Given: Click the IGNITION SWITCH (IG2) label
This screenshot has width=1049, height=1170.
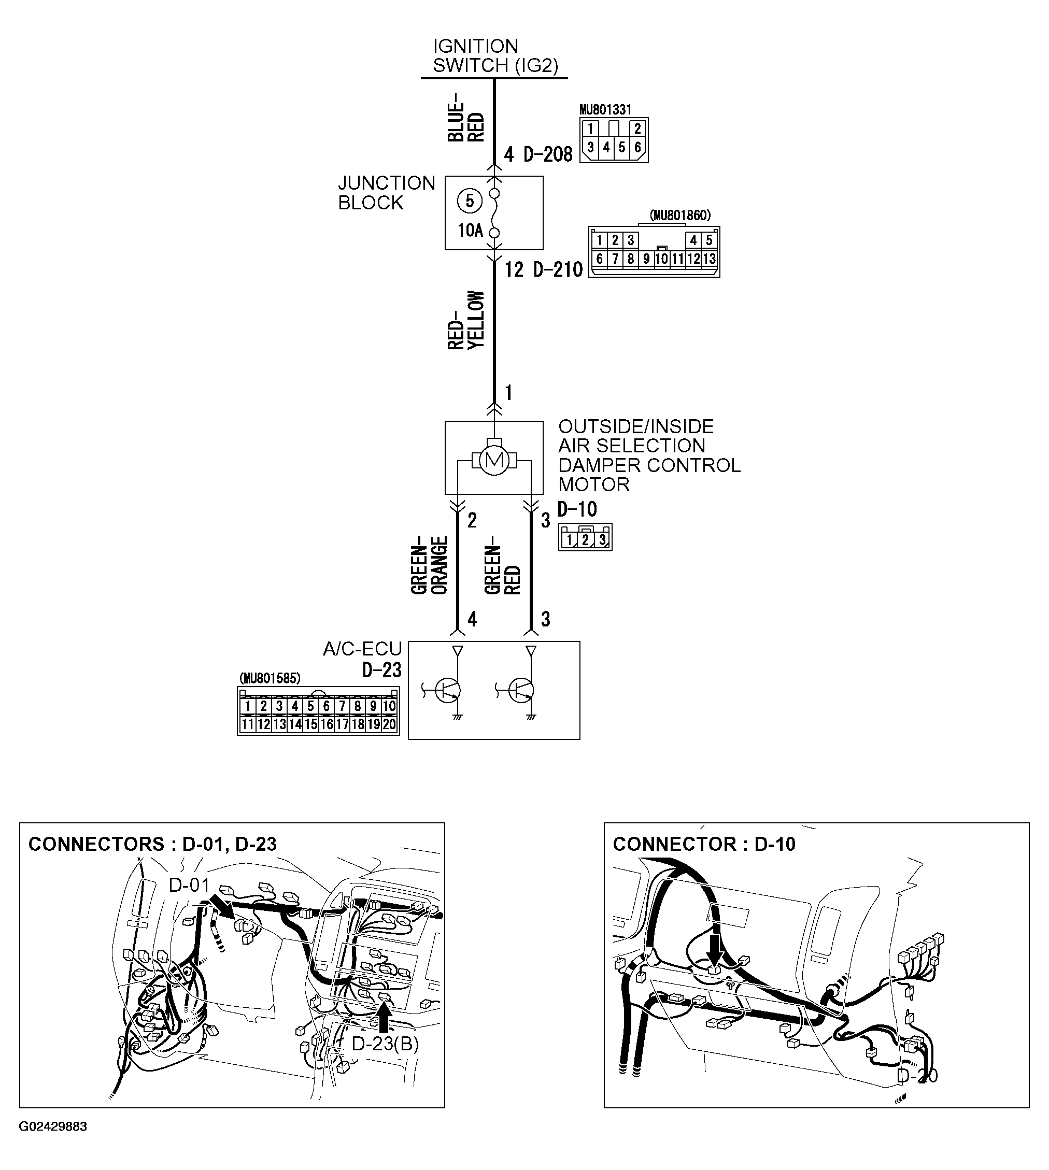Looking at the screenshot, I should (x=495, y=56).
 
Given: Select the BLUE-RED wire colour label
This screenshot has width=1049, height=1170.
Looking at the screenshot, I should (x=466, y=118).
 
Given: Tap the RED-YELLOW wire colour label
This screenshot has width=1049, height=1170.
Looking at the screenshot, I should (x=466, y=320).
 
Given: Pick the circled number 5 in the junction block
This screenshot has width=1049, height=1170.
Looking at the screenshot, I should (x=469, y=201).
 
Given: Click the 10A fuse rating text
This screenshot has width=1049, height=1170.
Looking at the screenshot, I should (x=470, y=231).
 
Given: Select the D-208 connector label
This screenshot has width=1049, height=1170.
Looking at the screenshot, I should (x=547, y=154).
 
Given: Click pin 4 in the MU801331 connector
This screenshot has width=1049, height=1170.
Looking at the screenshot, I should (x=606, y=148).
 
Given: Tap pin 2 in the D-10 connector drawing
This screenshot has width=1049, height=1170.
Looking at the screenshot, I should (x=585, y=540).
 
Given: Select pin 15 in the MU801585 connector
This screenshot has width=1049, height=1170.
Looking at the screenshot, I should (x=310, y=724).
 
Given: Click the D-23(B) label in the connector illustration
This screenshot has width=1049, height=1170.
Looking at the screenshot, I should (x=385, y=1044).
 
